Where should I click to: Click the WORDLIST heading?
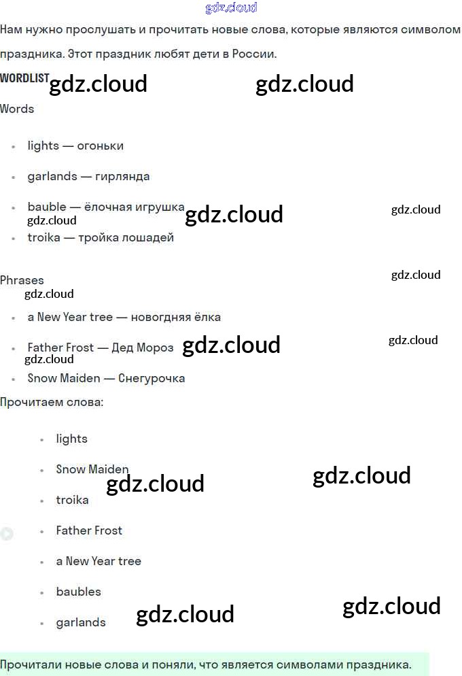point(24,78)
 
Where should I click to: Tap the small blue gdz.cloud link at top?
point(231,7)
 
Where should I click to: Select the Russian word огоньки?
point(100,146)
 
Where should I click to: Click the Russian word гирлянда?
point(122,176)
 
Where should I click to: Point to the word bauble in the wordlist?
point(47,207)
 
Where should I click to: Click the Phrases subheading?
point(22,280)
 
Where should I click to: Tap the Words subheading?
point(17,109)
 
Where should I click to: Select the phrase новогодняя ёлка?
point(175,317)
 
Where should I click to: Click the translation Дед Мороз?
point(143,348)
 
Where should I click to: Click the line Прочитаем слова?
point(52,402)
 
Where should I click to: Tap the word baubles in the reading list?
point(79,592)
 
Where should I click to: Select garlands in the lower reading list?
point(81,622)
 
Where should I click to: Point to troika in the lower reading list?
point(72,500)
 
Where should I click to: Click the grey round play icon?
point(6,534)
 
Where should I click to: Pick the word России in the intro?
point(253,54)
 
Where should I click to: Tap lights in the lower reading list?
point(72,439)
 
